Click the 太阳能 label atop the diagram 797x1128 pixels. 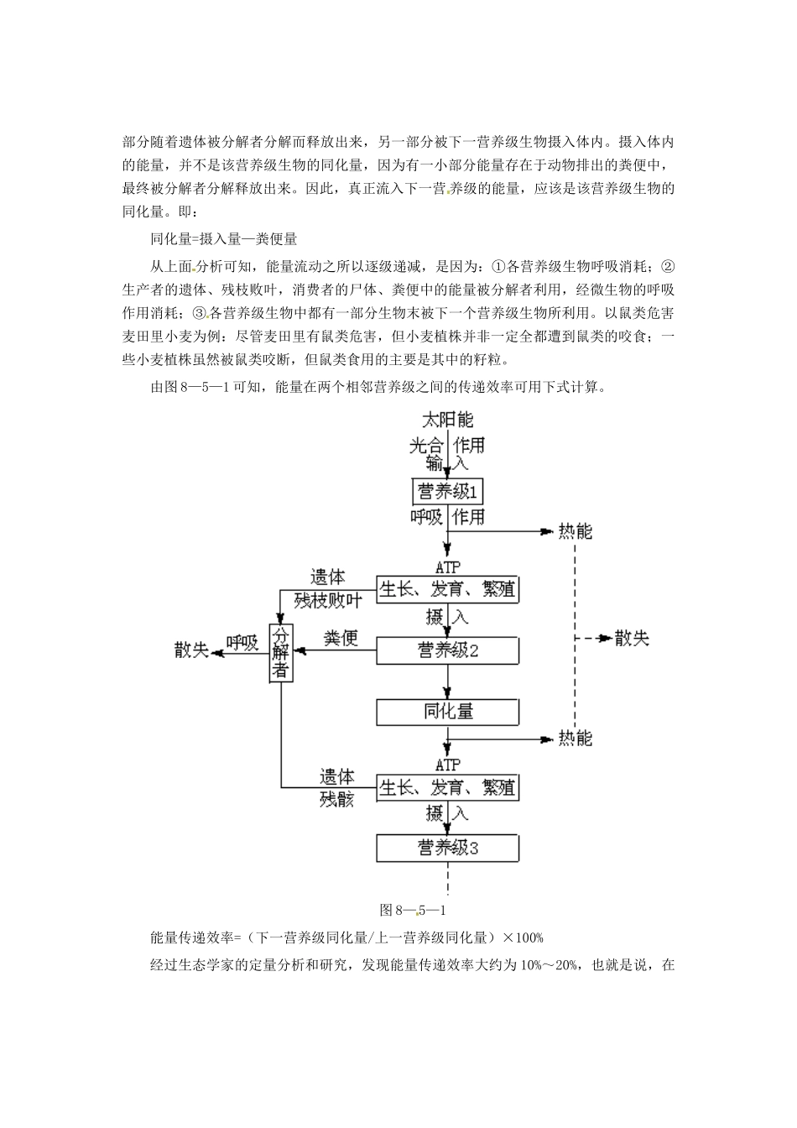(448, 420)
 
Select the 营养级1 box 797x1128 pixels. (449, 491)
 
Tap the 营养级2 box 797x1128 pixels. (447, 650)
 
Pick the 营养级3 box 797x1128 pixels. (447, 848)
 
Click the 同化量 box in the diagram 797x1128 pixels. (447, 712)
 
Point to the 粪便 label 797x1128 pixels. (341, 639)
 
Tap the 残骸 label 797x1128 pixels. (336, 799)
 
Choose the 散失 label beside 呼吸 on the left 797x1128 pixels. (191, 650)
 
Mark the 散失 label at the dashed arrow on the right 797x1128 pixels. (632, 638)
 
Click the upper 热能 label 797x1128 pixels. (575, 531)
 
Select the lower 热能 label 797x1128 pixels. (575, 739)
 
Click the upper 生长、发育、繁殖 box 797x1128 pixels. (447, 589)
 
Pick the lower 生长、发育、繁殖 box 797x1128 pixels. (447, 787)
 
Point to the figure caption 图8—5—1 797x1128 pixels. (417, 909)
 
